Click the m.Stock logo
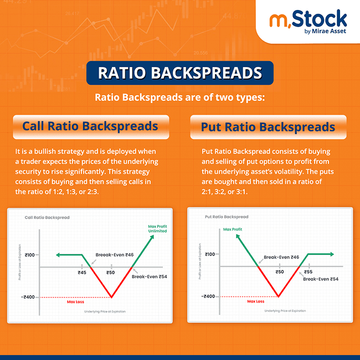coord(308,22)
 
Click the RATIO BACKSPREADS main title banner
coord(180,73)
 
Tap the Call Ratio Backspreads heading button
coord(90,126)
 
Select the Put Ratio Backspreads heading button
coord(268,127)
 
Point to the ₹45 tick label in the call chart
coord(82,272)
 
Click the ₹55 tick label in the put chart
coord(308,272)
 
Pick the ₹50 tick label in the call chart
coord(111,272)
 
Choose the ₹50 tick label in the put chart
coord(279,272)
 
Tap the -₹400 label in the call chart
coord(28,297)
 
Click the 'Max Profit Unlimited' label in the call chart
coord(157,229)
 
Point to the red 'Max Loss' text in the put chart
coord(256,301)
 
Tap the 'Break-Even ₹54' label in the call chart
coord(149,276)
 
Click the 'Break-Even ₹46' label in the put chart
coord(281,257)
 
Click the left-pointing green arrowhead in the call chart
coord(58,255)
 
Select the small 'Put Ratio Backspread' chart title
coord(227,217)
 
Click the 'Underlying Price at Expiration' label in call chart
coord(105,312)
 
